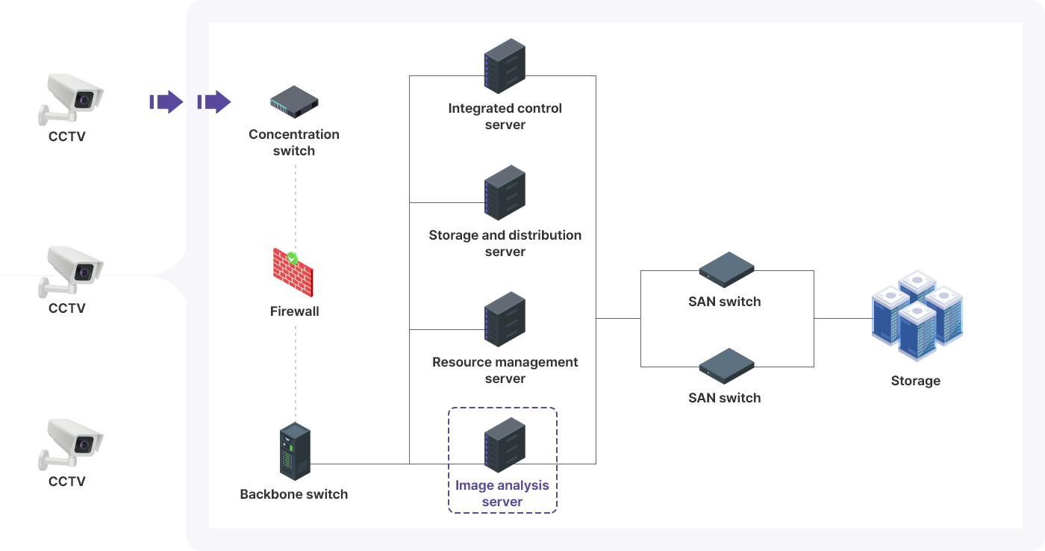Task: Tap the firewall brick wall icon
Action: [293, 273]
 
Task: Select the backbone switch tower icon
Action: [294, 451]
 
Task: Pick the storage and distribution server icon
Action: [505, 193]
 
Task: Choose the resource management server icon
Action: [505, 320]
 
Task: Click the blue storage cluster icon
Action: [917, 317]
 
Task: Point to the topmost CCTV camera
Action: [70, 98]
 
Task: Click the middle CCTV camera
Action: [70, 270]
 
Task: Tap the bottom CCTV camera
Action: [70, 442]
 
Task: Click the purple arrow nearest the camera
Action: [167, 102]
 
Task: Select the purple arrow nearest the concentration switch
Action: [215, 102]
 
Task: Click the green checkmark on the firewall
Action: [293, 258]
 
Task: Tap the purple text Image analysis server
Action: [502, 494]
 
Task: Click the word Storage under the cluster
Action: [915, 381]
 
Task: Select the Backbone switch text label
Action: [294, 494]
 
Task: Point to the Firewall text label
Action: [294, 311]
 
